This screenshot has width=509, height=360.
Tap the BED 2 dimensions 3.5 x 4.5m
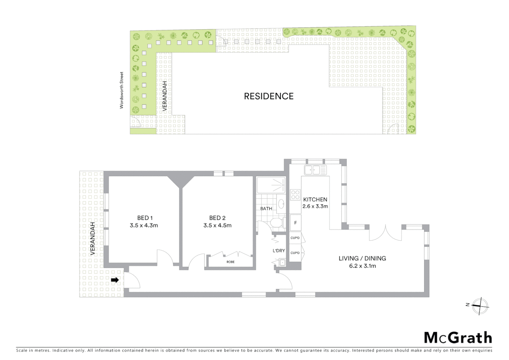click(x=217, y=226)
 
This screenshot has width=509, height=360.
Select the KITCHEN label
click(x=315, y=200)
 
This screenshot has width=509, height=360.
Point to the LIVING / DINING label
click(x=362, y=258)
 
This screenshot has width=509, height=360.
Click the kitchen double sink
click(x=315, y=170)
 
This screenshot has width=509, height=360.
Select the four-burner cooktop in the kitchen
click(x=295, y=195)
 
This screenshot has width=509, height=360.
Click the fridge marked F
click(x=295, y=223)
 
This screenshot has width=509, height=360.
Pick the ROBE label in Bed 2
click(x=231, y=262)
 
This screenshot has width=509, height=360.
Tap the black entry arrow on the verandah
click(x=115, y=280)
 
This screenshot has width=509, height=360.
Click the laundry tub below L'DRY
click(x=282, y=263)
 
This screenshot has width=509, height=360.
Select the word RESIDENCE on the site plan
click(x=269, y=96)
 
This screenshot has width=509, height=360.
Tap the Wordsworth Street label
click(x=122, y=90)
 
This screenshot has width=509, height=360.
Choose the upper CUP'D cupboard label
click(x=295, y=238)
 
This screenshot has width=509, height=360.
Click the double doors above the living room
click(x=385, y=233)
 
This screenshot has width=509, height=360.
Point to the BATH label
click(x=266, y=209)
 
